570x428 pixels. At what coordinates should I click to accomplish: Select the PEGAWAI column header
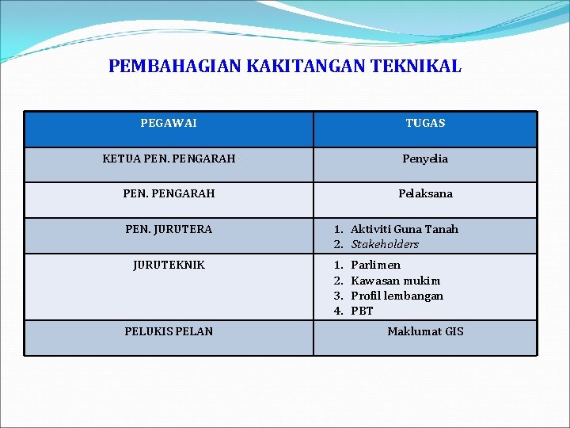pyautogui.click(x=169, y=123)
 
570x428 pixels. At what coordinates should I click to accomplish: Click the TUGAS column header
pyautogui.click(x=425, y=123)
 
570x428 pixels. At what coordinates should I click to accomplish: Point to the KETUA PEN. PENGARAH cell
pyautogui.click(x=169, y=159)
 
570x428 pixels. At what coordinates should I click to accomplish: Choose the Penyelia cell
pyautogui.click(x=425, y=159)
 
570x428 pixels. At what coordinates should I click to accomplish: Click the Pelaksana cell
pyautogui.click(x=425, y=193)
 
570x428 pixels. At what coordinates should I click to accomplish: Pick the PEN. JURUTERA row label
pyautogui.click(x=169, y=229)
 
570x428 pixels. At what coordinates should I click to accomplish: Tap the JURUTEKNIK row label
pyautogui.click(x=169, y=265)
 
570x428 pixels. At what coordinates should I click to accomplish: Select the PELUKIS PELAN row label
pyautogui.click(x=169, y=331)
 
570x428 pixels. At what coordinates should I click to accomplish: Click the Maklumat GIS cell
pyautogui.click(x=425, y=331)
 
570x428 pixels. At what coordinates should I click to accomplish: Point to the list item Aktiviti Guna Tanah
pyautogui.click(x=404, y=229)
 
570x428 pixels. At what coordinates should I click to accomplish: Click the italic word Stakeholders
pyautogui.click(x=385, y=244)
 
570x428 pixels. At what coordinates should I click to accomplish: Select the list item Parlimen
pyautogui.click(x=375, y=265)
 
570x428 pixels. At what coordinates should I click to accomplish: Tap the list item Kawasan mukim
pyautogui.click(x=395, y=281)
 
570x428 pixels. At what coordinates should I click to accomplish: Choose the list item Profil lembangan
pyautogui.click(x=397, y=296)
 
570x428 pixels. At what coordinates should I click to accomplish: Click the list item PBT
pyautogui.click(x=362, y=311)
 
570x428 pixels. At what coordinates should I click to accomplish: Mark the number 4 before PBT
pyautogui.click(x=337, y=311)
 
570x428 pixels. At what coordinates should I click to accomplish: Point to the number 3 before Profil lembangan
pyautogui.click(x=337, y=296)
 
